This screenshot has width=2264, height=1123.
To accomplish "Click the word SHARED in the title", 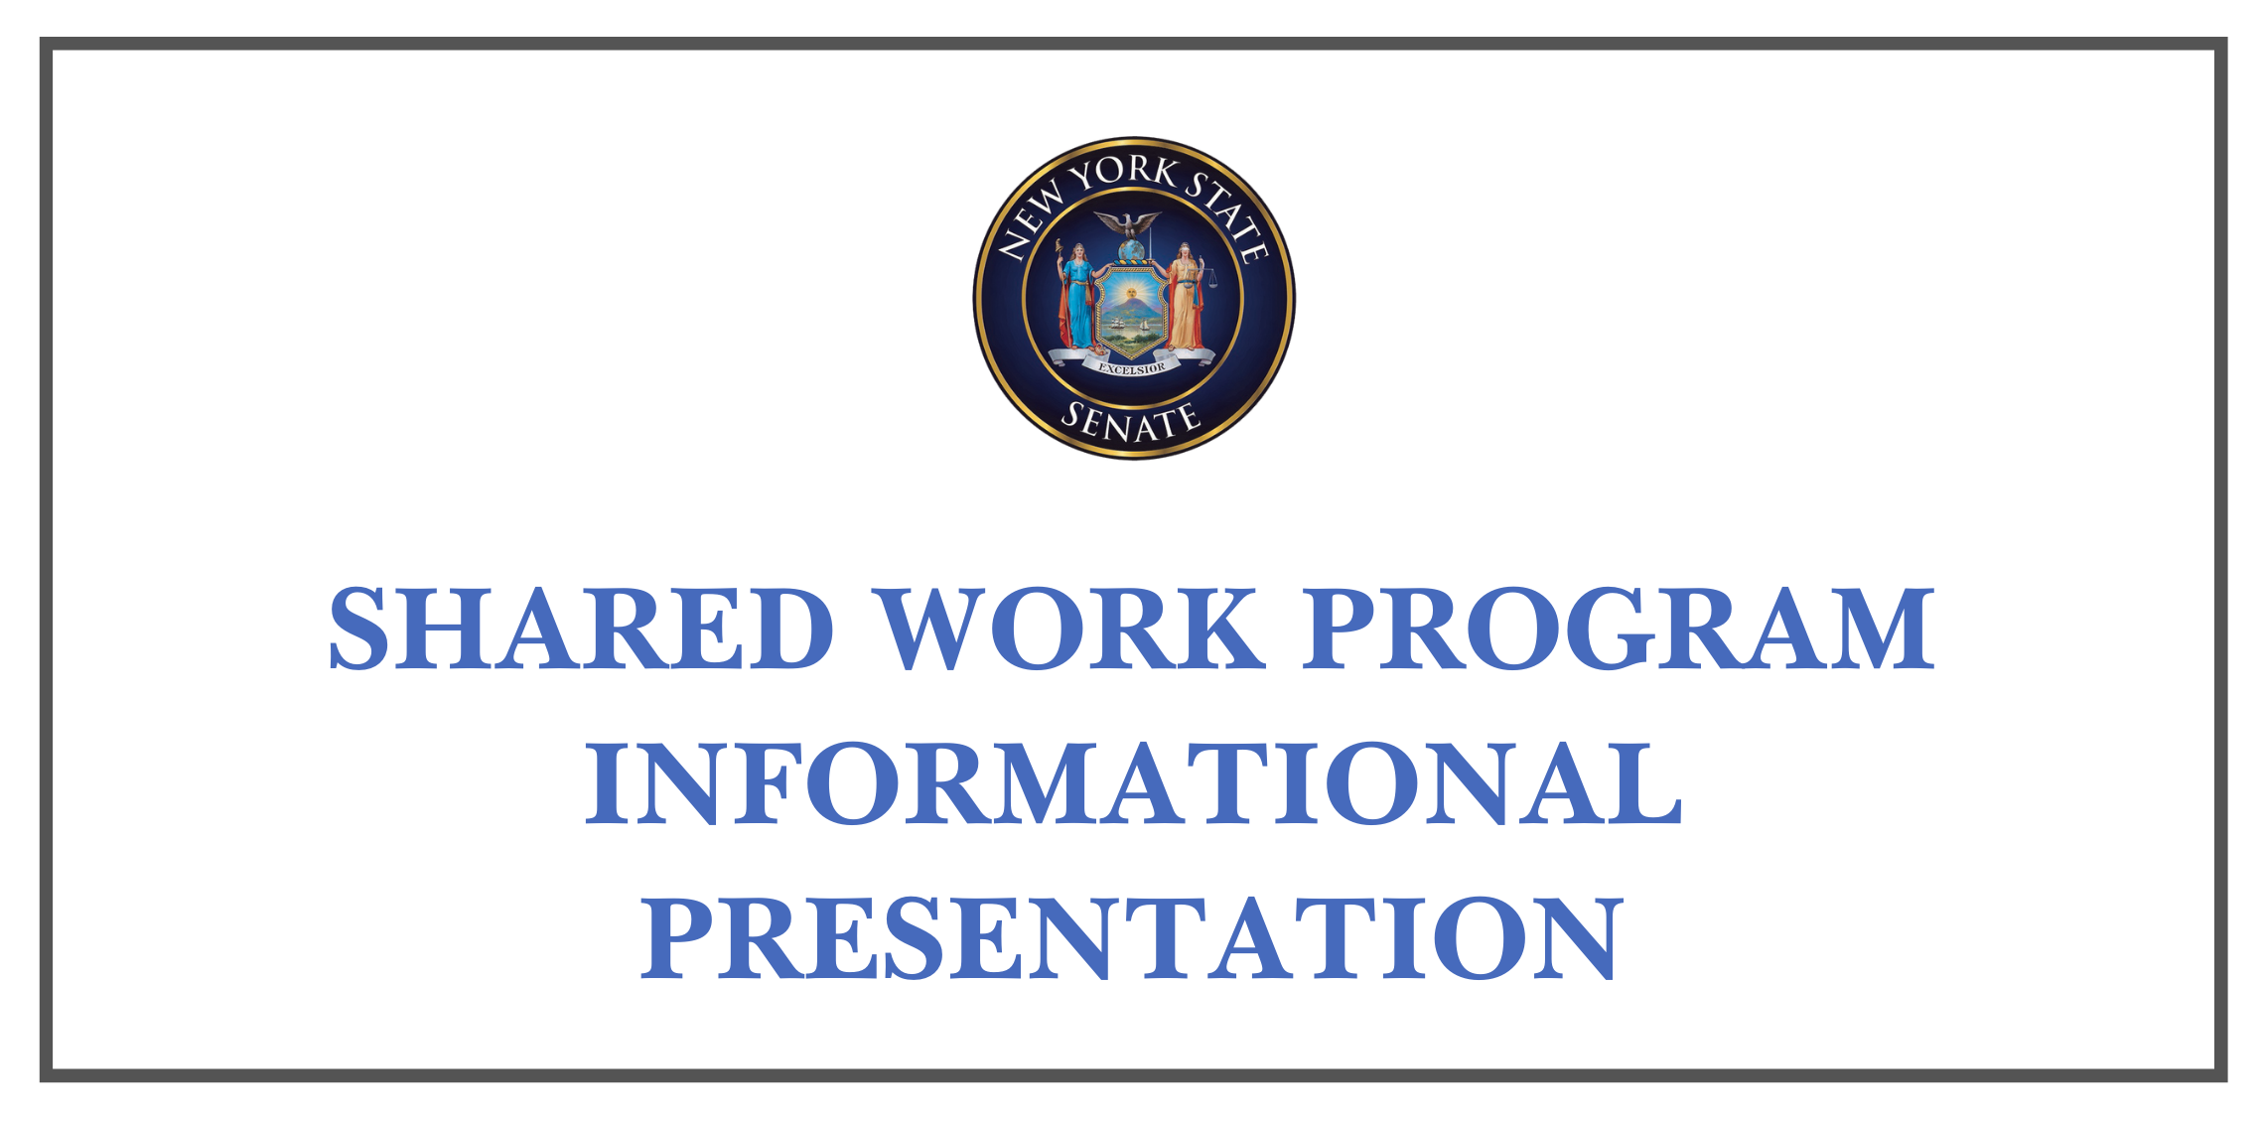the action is [581, 629].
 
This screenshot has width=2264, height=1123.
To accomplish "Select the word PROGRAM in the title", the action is [1619, 629].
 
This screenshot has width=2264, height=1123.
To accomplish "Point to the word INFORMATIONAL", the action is [1133, 783].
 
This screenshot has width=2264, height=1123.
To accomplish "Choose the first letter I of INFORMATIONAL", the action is [608, 783].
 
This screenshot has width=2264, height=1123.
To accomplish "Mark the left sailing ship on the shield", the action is [1118, 323].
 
